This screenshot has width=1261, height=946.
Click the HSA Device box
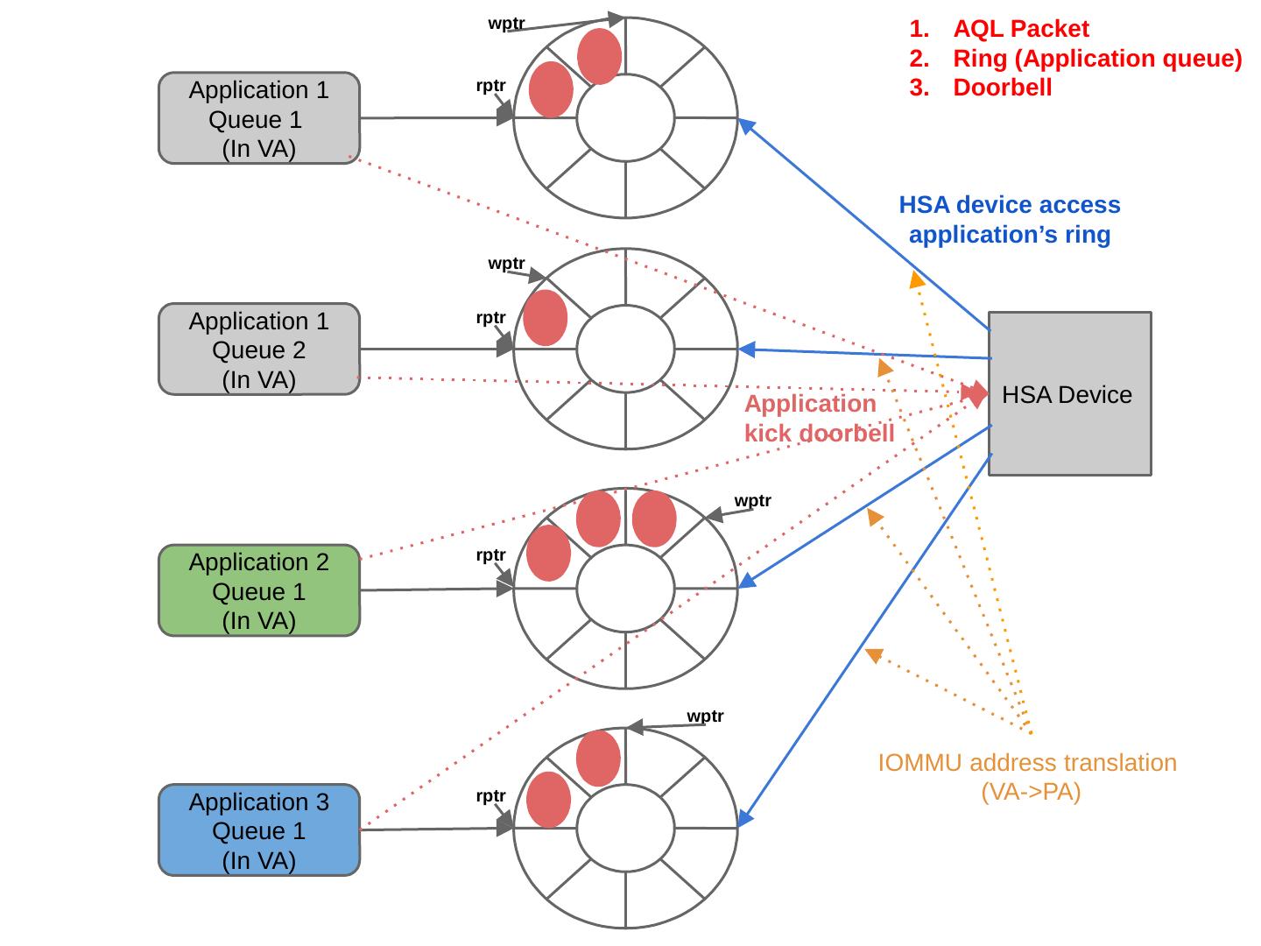1069,394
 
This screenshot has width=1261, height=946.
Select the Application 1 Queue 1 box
259,118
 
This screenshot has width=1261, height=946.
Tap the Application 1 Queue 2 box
259,349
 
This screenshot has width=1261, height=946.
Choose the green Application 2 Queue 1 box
259,590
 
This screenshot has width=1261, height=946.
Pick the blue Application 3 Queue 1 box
259,830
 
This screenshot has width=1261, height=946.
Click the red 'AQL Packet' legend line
1020,29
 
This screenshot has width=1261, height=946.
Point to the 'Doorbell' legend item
1002,88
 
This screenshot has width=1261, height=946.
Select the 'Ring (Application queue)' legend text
1096,59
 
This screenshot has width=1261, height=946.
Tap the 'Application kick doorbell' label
818,419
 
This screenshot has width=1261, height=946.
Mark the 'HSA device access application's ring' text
1010,220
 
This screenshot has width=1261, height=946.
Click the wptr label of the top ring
506,24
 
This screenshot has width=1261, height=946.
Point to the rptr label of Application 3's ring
490,795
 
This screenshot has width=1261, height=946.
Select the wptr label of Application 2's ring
752,500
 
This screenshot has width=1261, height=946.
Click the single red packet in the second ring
545,317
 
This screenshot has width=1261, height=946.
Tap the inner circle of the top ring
625,117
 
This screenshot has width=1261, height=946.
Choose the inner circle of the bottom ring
625,828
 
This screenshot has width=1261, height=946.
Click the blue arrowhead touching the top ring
745,125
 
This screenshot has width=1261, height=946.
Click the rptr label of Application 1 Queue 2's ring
490,317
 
